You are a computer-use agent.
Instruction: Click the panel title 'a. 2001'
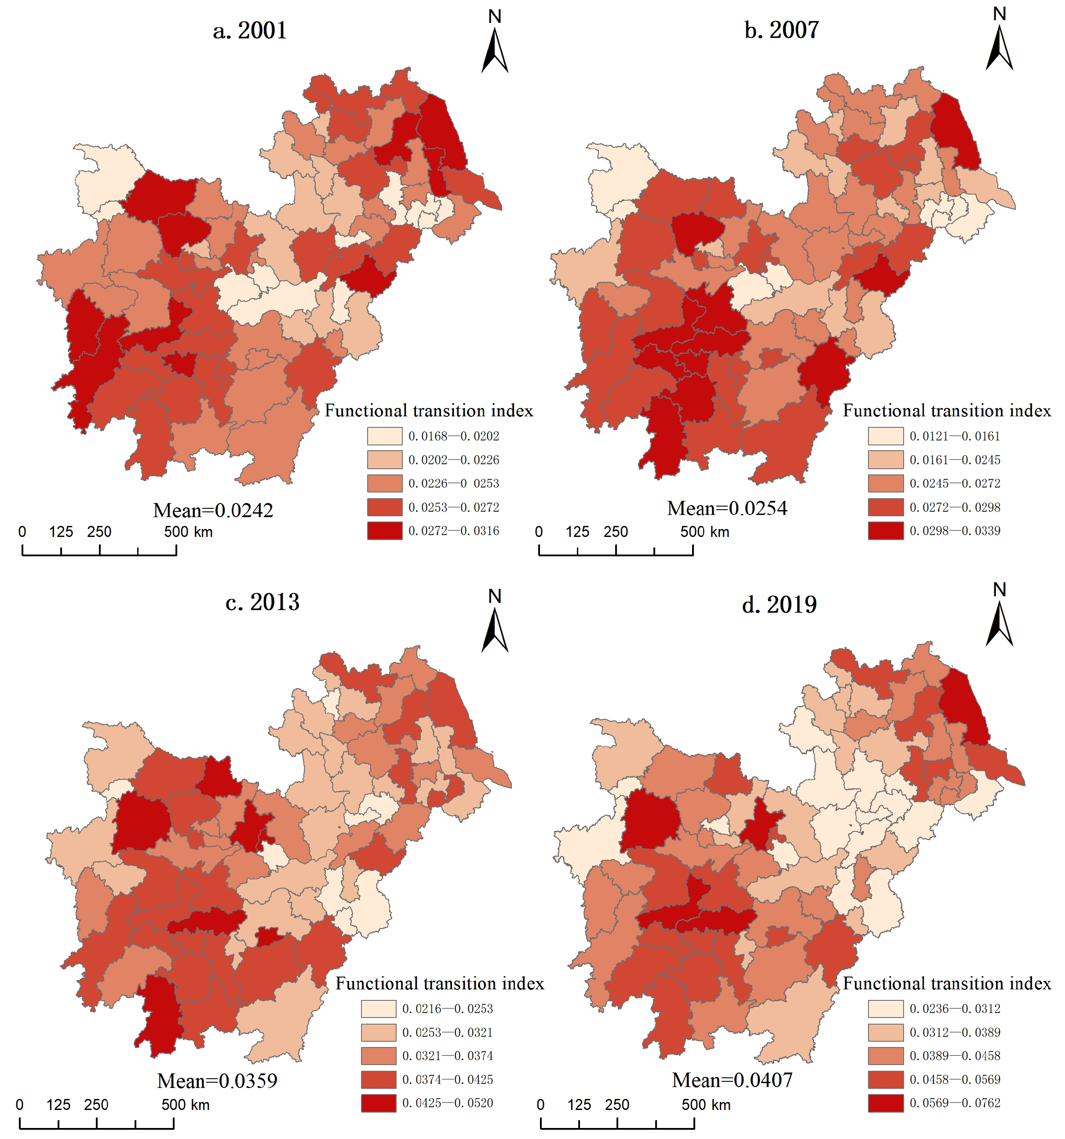tap(250, 30)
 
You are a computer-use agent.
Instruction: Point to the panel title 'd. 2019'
tap(779, 604)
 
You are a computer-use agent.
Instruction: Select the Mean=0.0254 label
tap(727, 508)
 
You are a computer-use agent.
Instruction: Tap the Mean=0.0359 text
tap(217, 1081)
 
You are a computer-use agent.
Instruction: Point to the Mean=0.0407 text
tap(732, 1080)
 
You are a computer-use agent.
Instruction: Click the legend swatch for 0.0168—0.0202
tap(384, 436)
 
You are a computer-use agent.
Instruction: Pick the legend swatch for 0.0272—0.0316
tap(384, 530)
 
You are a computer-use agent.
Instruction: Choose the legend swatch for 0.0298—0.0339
tap(885, 530)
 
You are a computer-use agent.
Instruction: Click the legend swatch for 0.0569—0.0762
tap(885, 1103)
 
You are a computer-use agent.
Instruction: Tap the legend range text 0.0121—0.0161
tap(955, 436)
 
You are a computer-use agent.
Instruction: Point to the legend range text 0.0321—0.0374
tap(447, 1056)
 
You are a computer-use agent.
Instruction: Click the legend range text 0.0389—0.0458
tap(955, 1056)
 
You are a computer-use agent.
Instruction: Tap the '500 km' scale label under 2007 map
tap(705, 532)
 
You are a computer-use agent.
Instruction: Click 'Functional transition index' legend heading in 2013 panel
tap(440, 984)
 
